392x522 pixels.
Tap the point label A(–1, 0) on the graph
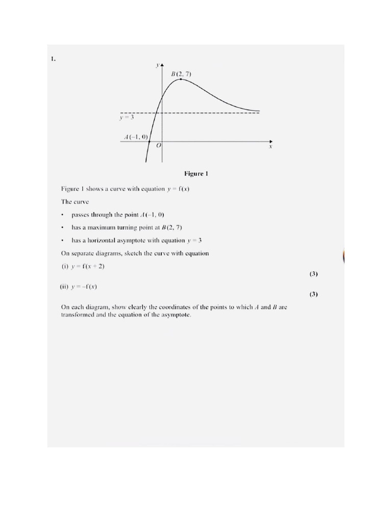(x=136, y=137)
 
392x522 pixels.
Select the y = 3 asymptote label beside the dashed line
(x=126, y=118)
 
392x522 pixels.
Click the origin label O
(x=158, y=146)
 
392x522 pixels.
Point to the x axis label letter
(x=271, y=146)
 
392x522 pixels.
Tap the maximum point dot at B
(x=181, y=79)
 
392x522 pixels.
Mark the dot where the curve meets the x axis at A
(x=149, y=141)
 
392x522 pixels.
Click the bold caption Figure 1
(x=196, y=174)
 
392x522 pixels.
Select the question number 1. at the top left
(x=53, y=59)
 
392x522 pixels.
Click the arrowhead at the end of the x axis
(x=271, y=141)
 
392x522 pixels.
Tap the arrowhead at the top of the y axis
(x=162, y=65)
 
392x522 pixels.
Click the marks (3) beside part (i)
(x=313, y=274)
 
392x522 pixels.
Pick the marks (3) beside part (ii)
(x=313, y=294)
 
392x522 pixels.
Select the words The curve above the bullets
(x=75, y=202)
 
